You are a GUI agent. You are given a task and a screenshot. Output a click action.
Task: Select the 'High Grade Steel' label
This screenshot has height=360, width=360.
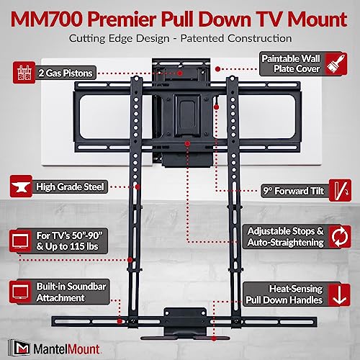[70, 186]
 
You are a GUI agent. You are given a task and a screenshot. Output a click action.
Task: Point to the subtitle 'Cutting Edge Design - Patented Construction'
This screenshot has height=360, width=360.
[180, 37]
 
